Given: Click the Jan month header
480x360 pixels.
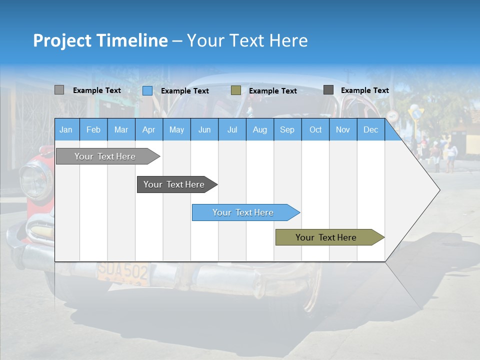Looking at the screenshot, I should point(66,129).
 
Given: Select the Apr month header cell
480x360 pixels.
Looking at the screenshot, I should point(149,129).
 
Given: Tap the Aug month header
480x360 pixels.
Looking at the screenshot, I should point(259,129).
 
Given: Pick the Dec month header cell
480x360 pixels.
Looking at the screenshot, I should point(370,129).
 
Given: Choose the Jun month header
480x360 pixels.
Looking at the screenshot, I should point(204,129).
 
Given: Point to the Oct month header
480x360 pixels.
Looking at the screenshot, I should point(315,129).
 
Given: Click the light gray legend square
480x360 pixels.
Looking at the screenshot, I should point(59,90).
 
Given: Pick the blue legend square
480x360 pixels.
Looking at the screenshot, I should point(147,90).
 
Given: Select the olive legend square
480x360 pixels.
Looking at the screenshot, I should point(236,90).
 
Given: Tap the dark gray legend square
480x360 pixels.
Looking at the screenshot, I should point(328,90).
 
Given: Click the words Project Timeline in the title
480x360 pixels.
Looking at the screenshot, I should point(100,40).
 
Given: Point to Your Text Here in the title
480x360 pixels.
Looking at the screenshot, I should point(247,40).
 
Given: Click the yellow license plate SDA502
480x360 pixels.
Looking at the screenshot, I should point(123,273).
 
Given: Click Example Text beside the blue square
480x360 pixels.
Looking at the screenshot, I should point(185,91).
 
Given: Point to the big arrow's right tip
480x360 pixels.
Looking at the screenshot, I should point(439,190).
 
